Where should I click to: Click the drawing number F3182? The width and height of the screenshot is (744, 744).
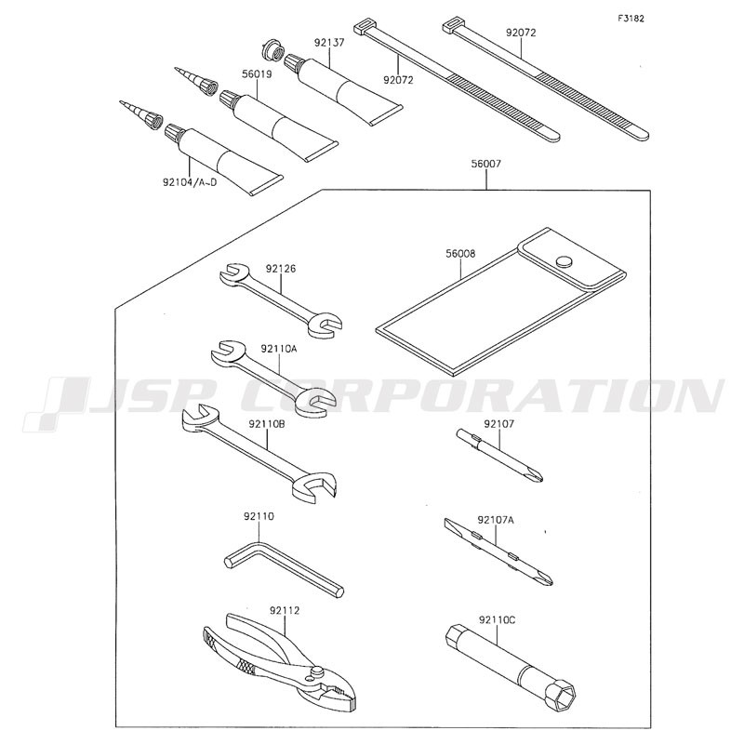click(631, 19)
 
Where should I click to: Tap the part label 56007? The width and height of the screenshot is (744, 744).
click(485, 165)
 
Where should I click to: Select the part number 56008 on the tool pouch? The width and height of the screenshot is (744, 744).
click(460, 254)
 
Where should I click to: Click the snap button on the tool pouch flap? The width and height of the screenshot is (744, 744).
click(564, 260)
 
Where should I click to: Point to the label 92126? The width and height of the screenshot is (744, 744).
click(281, 269)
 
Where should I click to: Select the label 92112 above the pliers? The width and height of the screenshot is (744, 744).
click(285, 611)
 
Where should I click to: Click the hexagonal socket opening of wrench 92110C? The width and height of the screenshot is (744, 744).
click(565, 696)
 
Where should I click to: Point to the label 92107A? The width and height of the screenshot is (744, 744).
click(496, 520)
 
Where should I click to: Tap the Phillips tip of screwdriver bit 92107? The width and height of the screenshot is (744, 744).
click(538, 476)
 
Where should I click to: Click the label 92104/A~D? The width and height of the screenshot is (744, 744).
click(190, 181)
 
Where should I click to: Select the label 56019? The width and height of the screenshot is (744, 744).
click(257, 74)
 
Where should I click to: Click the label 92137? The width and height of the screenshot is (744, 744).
click(329, 43)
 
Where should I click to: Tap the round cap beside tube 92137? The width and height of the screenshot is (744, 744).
click(272, 51)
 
